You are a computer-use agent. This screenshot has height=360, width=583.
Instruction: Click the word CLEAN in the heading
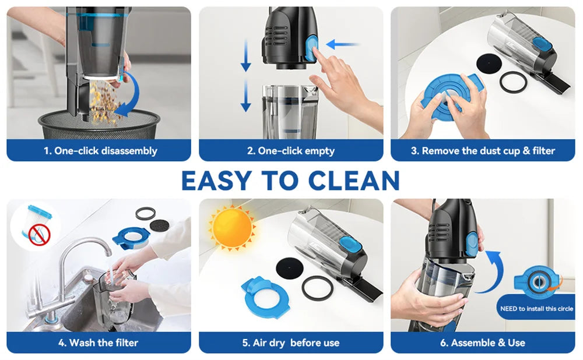click(354, 181)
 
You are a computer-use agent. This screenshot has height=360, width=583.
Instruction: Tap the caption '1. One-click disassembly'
click(100, 151)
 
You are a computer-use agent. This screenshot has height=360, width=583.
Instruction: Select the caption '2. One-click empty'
click(291, 151)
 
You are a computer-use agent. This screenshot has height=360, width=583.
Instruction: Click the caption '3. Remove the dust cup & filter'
click(483, 151)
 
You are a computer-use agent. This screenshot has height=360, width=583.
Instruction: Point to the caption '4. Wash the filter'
click(98, 343)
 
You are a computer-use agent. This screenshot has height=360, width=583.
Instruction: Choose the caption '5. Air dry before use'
click(291, 343)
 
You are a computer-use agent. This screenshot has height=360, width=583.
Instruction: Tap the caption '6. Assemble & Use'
click(483, 343)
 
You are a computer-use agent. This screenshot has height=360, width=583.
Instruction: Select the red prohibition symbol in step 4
click(40, 234)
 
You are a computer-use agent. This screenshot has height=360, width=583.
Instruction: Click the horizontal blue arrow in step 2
click(343, 44)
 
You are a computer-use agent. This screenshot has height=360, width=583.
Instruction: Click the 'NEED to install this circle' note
click(536, 308)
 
